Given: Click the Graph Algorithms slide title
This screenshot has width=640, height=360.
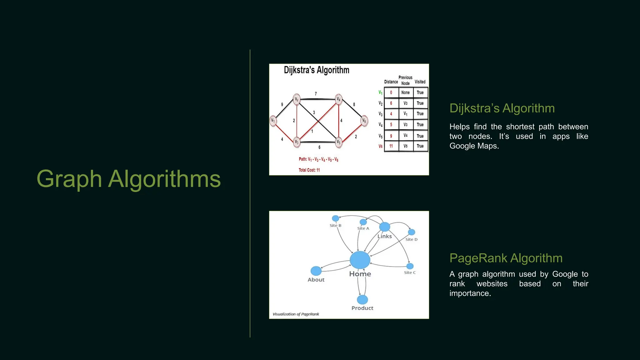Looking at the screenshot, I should (128, 179).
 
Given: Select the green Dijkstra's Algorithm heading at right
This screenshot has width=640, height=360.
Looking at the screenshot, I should (502, 108).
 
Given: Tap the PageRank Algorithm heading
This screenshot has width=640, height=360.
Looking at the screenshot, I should (506, 258).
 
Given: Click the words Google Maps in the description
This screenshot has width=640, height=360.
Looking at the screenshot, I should (474, 146).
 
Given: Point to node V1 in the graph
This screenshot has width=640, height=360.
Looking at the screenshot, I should (273, 121).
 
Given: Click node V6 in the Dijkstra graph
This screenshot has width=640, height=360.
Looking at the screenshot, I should (364, 121).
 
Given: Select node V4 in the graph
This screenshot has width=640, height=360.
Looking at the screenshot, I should (338, 99).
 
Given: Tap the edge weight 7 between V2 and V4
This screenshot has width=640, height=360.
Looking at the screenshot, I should (316, 94).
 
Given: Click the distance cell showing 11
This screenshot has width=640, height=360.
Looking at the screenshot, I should (391, 146).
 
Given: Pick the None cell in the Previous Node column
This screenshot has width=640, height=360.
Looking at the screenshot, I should (405, 92).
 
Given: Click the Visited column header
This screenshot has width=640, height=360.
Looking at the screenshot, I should (420, 82).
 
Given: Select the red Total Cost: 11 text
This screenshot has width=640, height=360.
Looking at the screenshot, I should (309, 170).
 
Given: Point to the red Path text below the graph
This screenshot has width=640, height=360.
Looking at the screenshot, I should (318, 159).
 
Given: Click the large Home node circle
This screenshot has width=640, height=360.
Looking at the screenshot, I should (360, 260).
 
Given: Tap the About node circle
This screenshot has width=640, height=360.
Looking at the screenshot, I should (316, 271).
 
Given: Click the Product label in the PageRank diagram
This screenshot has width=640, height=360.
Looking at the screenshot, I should (362, 308).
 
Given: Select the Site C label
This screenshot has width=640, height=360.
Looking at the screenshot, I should (410, 272).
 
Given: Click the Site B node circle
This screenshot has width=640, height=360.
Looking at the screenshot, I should (335, 218).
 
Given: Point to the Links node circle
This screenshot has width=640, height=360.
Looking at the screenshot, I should (384, 227).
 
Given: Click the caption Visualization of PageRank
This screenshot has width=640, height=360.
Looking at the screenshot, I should (296, 314).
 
